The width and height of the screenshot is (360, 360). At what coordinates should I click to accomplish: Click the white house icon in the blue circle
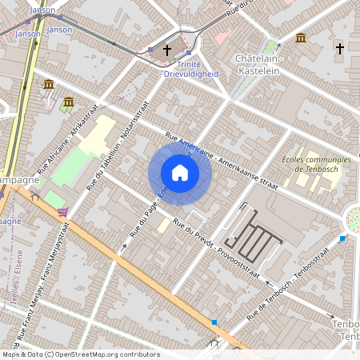(180, 172)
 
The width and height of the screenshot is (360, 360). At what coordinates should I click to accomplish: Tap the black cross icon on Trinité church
(167, 50)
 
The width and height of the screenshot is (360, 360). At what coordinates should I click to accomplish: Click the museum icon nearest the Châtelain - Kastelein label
(300, 38)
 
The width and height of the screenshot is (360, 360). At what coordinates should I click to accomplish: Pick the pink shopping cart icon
(62, 212)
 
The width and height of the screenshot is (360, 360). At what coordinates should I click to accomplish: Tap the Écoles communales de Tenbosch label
(316, 164)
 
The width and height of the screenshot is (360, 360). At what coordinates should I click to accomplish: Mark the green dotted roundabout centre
(354, 216)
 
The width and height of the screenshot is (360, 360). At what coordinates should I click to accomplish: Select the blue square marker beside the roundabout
(342, 238)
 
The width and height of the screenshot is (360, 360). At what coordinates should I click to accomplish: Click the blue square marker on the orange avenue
(214, 322)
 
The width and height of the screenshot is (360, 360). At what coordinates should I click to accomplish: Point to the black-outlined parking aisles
(254, 237)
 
